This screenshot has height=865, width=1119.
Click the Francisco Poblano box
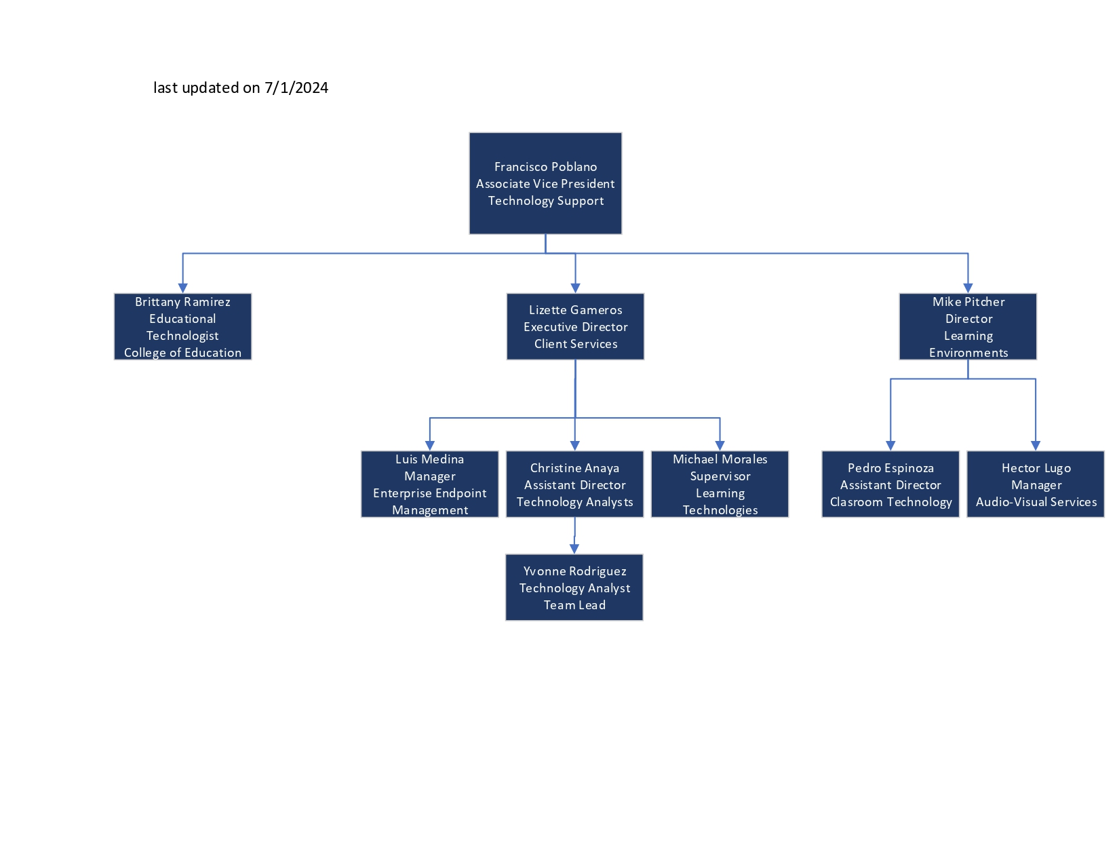545,183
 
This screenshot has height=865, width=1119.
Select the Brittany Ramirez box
182,326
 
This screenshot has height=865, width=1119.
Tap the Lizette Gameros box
575,326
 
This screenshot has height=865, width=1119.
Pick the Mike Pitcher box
968,326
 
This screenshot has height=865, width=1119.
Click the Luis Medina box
429,484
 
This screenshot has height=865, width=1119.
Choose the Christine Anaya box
574,484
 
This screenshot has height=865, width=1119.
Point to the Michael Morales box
720,484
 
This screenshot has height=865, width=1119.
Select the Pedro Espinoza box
890,484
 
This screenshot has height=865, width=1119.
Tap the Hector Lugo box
1036,484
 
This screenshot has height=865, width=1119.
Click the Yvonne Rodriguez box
574,588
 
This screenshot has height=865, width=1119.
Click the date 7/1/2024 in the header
296,88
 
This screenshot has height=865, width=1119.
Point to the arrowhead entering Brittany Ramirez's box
182,288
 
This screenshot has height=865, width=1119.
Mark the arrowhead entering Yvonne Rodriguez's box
574,548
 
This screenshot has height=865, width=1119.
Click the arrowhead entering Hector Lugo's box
1036,445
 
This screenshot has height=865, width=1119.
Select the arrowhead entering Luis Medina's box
429,445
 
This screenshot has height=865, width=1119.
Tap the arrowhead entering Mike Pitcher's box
968,288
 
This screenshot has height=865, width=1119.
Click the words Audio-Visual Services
1036,502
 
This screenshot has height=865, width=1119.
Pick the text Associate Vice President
545,184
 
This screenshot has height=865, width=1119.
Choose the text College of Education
182,353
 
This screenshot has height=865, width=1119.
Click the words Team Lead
574,605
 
